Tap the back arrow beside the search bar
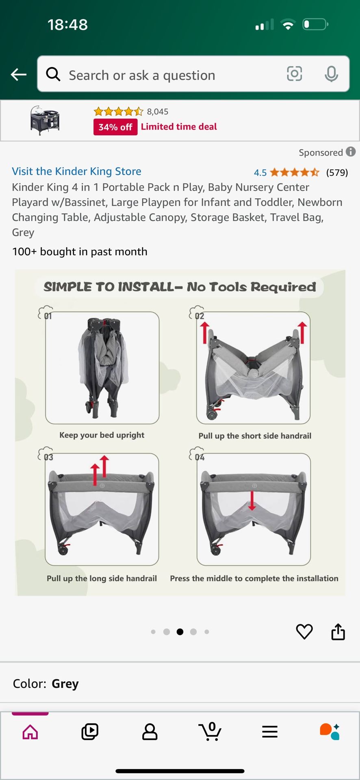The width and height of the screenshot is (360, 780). coord(19,74)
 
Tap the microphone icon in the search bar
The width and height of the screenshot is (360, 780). coord(331,74)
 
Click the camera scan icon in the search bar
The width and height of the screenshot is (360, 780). coord(295,74)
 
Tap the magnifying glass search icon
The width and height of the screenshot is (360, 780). coord(53,74)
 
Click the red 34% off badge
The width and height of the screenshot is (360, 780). coord(115,127)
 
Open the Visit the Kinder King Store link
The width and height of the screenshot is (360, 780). coord(77,171)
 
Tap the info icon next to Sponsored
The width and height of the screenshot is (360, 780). coord(351,152)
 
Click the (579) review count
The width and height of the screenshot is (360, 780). coord(337,173)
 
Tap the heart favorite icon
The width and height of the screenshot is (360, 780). coord(304,632)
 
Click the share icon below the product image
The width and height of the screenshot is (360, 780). coord(338,632)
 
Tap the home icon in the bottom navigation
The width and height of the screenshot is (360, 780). coord(30,732)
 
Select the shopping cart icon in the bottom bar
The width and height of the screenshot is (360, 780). coord(210,732)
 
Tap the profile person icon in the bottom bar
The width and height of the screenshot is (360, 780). coord(150,732)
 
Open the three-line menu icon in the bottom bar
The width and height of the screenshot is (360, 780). coord(270,732)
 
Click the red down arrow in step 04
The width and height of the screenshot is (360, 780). coord(252,500)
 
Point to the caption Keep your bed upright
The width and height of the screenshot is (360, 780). coord(102,435)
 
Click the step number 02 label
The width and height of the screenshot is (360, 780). coord(200,316)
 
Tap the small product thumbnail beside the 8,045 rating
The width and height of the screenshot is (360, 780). coord(45,120)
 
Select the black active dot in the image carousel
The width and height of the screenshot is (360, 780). coord(180,632)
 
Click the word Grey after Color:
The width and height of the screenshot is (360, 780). coord(65,684)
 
